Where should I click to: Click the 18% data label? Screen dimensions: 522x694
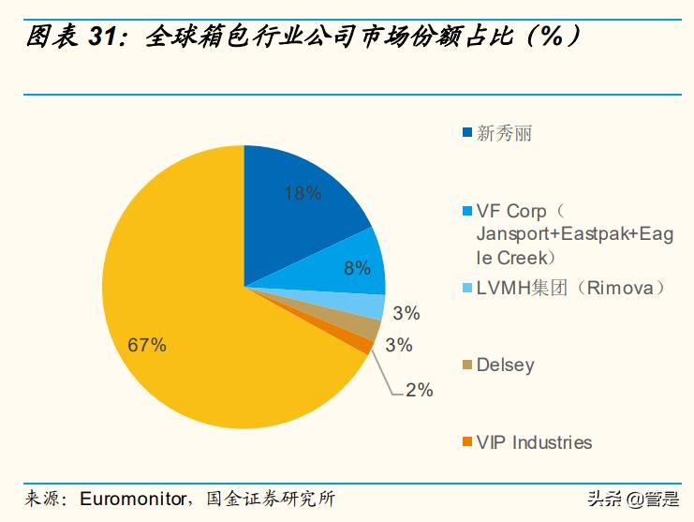[303, 194]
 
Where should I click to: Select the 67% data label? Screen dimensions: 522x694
[147, 345]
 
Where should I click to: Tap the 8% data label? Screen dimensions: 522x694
[358, 268]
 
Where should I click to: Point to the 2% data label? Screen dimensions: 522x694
[419, 390]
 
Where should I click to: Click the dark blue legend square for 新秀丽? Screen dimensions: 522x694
[466, 134]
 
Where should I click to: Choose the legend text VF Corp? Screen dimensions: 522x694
[511, 210]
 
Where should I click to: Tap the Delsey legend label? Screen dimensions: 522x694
[505, 365]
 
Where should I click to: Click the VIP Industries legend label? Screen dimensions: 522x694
[534, 441]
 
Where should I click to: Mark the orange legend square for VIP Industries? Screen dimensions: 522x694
[466, 441]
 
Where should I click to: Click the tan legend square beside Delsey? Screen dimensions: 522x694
[466, 365]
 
